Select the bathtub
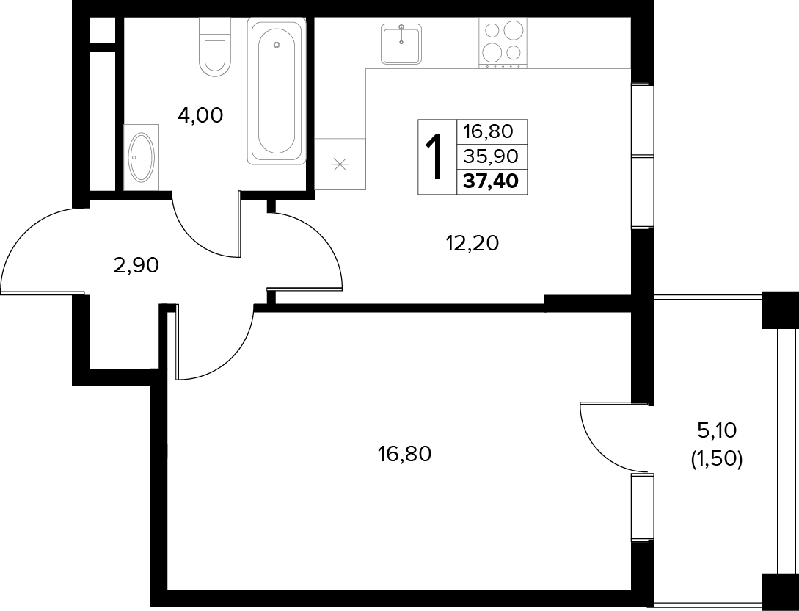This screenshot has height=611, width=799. (x=277, y=91)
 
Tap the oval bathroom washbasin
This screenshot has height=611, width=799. (x=141, y=157)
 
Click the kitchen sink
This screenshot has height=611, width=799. (x=401, y=44)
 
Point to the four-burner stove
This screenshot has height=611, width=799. (x=503, y=43)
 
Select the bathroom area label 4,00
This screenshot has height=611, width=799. (x=200, y=116)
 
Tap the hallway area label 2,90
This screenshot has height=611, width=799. (x=136, y=265)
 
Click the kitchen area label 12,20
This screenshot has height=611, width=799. (x=472, y=244)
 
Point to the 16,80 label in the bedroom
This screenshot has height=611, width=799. (x=404, y=453)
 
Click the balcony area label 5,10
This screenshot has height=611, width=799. (x=716, y=431)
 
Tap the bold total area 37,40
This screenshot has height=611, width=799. (x=492, y=181)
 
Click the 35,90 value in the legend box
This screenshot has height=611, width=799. (x=490, y=156)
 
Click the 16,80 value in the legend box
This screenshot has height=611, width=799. (x=488, y=131)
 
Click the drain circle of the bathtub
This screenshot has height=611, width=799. (x=277, y=44)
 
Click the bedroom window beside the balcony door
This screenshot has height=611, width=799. (x=642, y=507)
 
